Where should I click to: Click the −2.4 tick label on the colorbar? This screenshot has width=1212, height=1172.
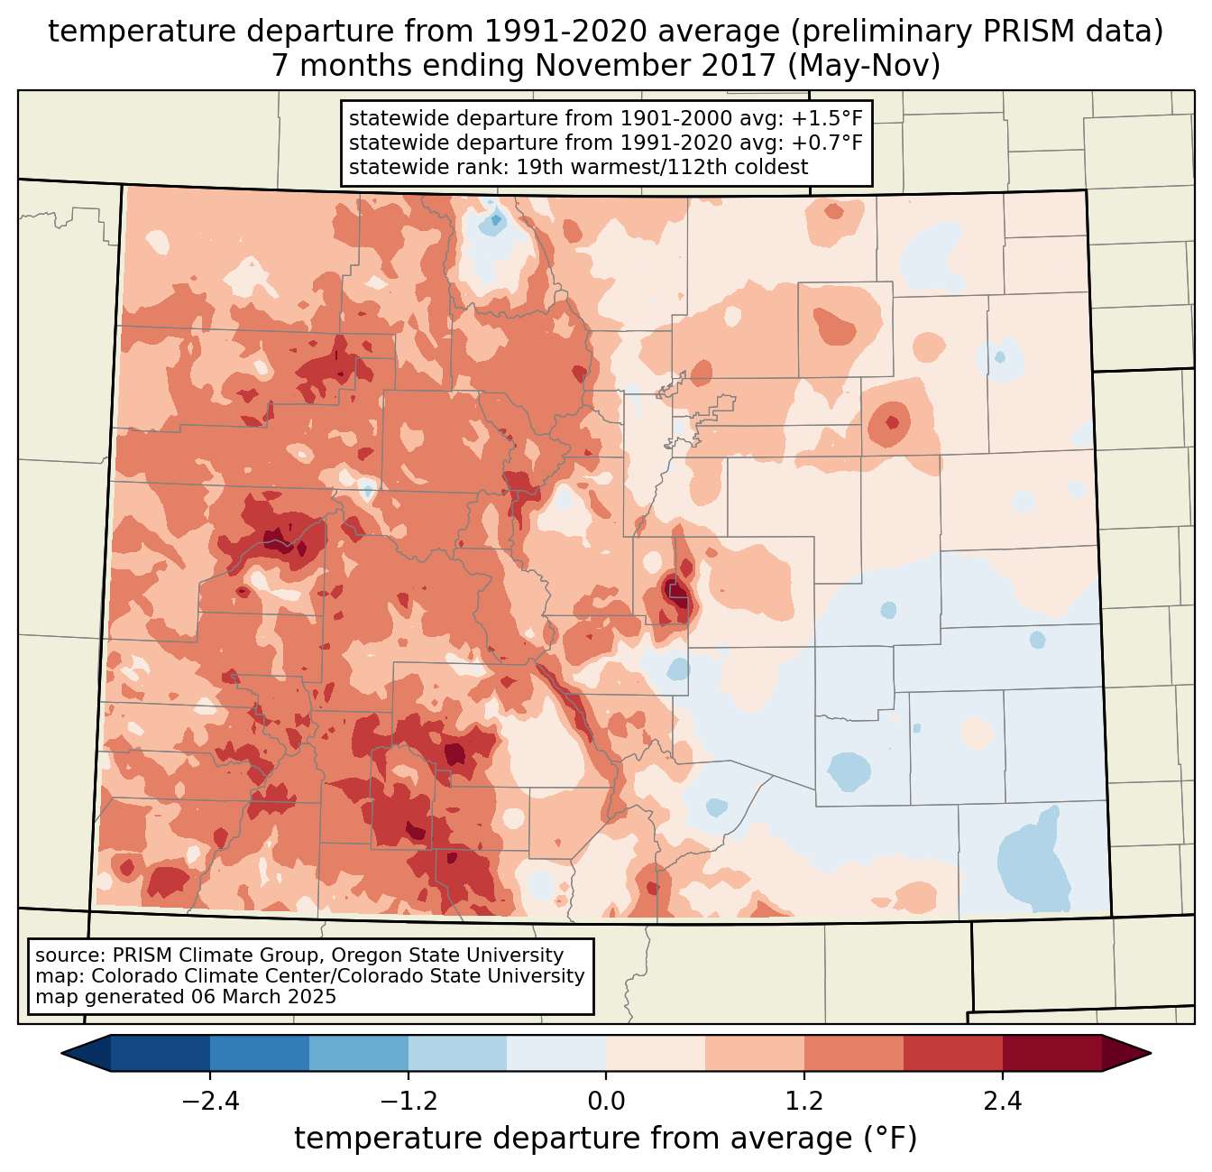[x=210, y=1102]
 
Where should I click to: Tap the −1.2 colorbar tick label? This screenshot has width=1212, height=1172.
[x=409, y=1102]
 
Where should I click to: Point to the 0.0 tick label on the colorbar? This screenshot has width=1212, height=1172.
[x=606, y=1102]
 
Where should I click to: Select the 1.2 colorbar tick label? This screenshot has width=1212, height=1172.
[x=804, y=1102]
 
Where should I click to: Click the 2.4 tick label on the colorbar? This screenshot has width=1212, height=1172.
[x=1002, y=1102]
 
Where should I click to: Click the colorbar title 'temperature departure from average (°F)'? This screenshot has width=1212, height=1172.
[x=606, y=1139]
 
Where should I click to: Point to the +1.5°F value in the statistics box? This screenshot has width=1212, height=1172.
[x=822, y=119]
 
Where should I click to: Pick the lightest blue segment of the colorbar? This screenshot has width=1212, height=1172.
[x=556, y=1053]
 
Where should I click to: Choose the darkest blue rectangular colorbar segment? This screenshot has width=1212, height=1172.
[x=161, y=1053]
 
